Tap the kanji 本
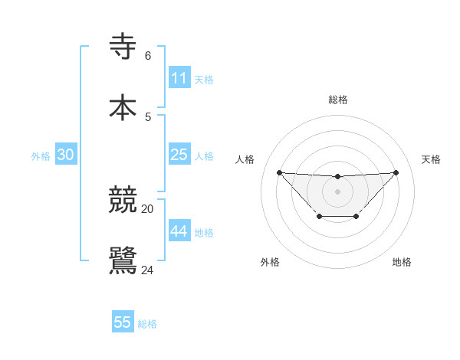[123, 106]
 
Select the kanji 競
[123, 200]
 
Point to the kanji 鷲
[123, 260]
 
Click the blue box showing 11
[179, 78]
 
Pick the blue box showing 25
[179, 155]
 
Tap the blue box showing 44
[179, 231]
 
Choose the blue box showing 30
[66, 155]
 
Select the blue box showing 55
[123, 322]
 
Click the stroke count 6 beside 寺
[148, 56]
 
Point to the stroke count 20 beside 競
[148, 208]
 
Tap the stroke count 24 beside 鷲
[148, 270]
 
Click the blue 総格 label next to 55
[147, 324]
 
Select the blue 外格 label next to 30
[41, 156]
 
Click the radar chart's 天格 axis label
[432, 159]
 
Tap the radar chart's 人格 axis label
[245, 159]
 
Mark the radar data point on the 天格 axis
[396, 172]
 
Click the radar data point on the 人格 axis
[279, 172]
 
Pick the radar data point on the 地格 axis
[356, 217]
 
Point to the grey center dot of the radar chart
[337, 191]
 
